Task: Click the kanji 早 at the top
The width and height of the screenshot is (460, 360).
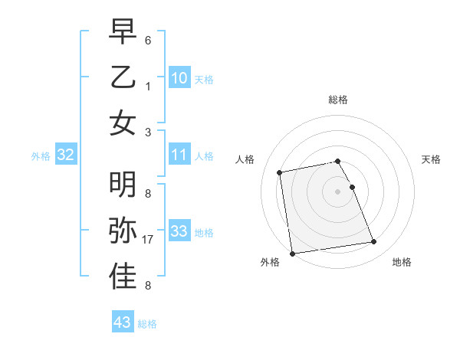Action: coord(123,32)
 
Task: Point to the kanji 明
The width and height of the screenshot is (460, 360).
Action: coord(123,184)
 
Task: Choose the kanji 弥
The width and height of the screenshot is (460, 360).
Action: coord(123,231)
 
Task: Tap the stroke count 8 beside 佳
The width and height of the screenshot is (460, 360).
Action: coord(148,286)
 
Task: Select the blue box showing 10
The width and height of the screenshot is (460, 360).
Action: coord(179,77)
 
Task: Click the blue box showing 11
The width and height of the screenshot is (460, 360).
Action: coord(179,155)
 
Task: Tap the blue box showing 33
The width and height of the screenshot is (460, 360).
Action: coord(179,231)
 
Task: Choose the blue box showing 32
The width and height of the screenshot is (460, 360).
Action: coord(66,155)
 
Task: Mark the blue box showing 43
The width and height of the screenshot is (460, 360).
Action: coord(123,322)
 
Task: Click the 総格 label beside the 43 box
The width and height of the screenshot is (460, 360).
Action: coord(148,324)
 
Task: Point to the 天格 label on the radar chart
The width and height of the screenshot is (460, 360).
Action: coord(432,159)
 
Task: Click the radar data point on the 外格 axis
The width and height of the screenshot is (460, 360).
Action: coord(291,253)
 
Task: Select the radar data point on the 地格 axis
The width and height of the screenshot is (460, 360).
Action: coord(373,243)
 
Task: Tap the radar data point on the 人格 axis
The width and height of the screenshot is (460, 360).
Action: coord(280,172)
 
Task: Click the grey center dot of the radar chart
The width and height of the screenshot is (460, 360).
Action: coord(338,191)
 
